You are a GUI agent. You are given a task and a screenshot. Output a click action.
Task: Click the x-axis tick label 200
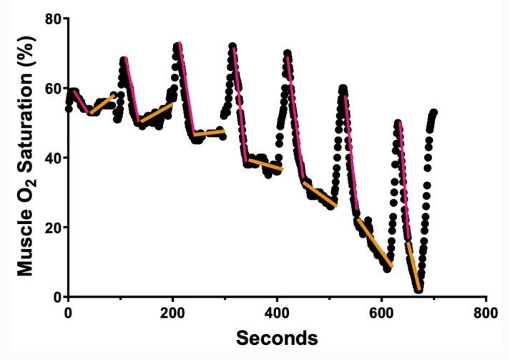(x=172, y=312)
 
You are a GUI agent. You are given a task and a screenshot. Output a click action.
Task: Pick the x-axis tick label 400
(x=277, y=312)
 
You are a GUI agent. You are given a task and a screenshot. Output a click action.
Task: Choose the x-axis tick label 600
(x=381, y=312)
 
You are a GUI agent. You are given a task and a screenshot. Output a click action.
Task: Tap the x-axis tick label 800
(x=486, y=312)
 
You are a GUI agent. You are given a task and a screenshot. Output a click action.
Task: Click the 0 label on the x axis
(x=68, y=312)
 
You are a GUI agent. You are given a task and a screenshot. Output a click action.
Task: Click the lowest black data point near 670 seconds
(x=418, y=290)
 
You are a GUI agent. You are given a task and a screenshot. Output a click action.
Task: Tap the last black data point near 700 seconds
(x=433, y=112)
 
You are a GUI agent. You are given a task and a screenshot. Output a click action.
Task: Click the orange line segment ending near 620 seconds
(x=375, y=243)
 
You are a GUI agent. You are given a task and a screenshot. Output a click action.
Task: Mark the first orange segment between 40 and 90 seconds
(x=102, y=104)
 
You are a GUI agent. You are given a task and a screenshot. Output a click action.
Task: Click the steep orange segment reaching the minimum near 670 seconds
(x=413, y=266)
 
